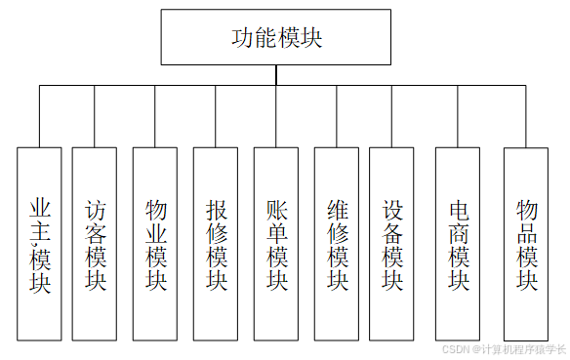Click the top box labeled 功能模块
pos(276,38)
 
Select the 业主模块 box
pos(39,244)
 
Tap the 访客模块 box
pos(96,244)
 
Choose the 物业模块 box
pos(155,244)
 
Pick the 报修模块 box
pos(216,244)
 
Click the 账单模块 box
pos(276,244)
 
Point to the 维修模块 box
pos(337,244)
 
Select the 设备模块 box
pos(392,244)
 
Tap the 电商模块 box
pos(458,244)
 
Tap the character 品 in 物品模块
pos(527,234)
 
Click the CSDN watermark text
pos(504,349)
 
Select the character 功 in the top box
pos(242,38)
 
